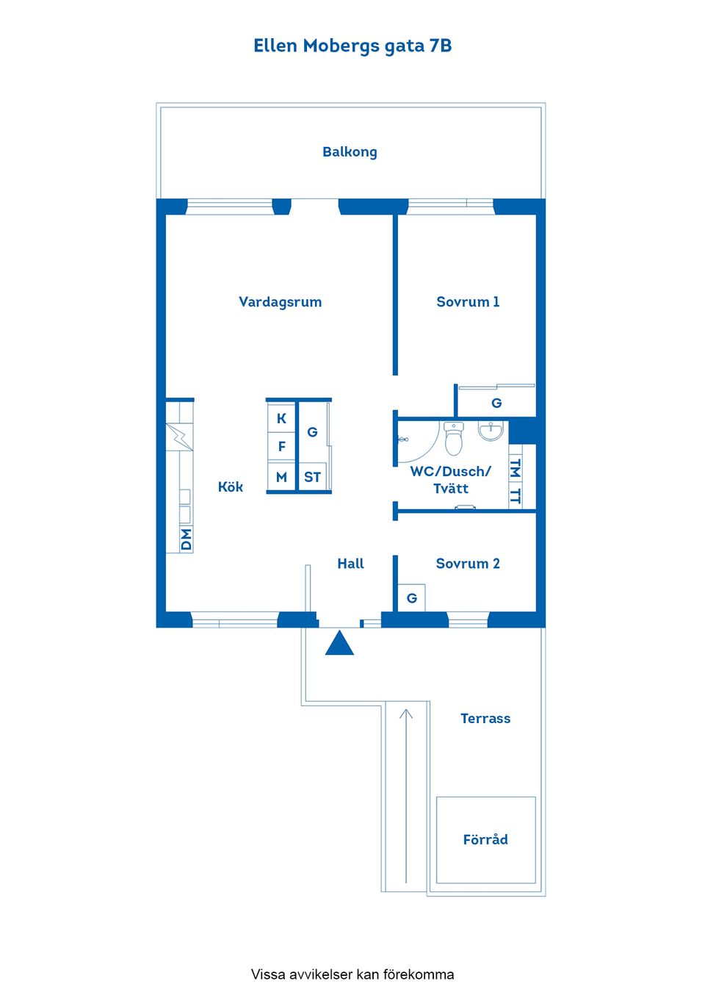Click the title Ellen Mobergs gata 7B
pos(352,46)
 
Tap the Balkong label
pos(350,152)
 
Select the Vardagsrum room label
pos(280,302)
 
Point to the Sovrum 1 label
pos(468,302)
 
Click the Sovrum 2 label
pos(468,564)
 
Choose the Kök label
pos(230,487)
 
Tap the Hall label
pos(350,564)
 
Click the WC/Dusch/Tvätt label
pos(450,480)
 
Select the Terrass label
pos(485,719)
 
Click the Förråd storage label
pos(485,839)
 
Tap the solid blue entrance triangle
pos(339,643)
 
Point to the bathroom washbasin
pos(491,431)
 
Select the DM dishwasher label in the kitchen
pos(186,539)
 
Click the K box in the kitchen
pos(281,419)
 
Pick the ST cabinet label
pos(312,477)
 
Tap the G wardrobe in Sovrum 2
pos(412,598)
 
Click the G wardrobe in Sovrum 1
pos(496,403)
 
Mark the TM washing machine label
pos(516,468)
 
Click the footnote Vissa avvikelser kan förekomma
pos(352,974)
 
